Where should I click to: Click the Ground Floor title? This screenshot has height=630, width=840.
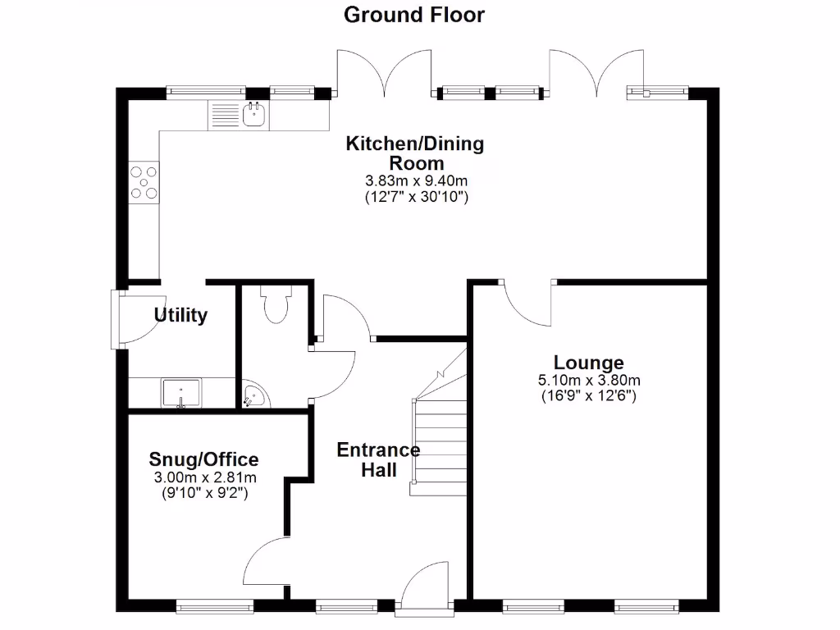coord(413,15)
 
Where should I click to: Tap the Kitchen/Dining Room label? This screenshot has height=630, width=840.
coord(415,153)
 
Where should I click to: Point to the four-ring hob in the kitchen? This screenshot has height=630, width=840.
coord(144,182)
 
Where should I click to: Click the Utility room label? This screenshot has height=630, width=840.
coord(181,315)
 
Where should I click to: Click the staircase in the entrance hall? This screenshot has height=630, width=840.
coord(440,435)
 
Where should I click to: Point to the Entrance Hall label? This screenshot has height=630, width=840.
coord(378,459)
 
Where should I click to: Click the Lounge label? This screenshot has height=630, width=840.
coord(588,363)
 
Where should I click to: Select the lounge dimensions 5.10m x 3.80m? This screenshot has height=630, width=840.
coord(588,380)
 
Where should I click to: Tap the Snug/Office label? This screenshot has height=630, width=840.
coord(204,459)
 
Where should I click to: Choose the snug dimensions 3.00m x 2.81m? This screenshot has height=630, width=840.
coord(204,477)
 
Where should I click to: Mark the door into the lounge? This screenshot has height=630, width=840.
coord(527,304)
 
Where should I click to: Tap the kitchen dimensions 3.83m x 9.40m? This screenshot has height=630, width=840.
coord(415,181)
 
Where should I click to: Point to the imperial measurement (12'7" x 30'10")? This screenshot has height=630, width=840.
coord(415,197)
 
